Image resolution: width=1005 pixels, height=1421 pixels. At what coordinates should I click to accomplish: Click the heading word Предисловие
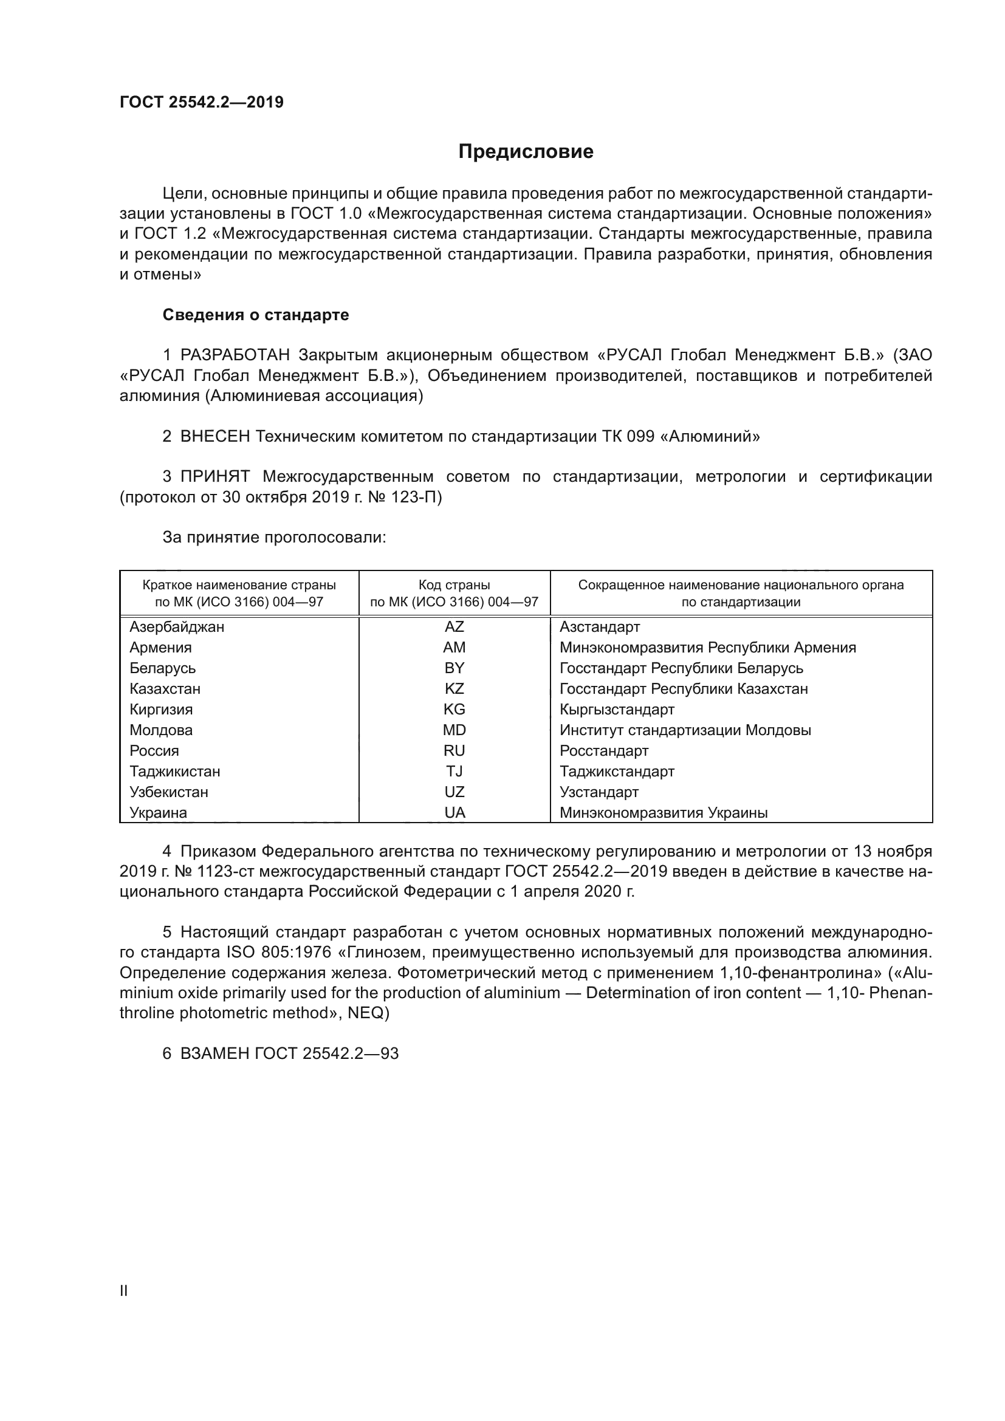click(x=526, y=152)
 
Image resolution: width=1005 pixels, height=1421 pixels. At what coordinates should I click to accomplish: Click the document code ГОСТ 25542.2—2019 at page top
click(x=201, y=102)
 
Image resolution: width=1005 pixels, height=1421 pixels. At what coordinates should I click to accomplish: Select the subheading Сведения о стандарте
click(x=256, y=315)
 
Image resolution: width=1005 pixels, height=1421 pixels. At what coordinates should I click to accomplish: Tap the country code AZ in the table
click(x=454, y=627)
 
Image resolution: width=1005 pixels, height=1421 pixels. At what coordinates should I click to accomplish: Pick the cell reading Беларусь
click(x=162, y=668)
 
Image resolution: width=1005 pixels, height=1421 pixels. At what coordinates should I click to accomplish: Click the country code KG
click(x=454, y=709)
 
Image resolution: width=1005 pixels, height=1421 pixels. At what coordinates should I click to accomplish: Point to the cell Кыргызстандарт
click(x=616, y=709)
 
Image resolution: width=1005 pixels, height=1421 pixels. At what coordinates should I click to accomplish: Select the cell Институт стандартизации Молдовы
click(x=685, y=730)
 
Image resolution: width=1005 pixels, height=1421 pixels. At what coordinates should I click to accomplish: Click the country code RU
click(x=454, y=751)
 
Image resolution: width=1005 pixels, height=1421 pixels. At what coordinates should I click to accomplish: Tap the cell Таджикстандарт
click(x=616, y=772)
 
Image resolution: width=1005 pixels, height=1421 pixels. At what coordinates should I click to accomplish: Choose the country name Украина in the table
click(x=158, y=813)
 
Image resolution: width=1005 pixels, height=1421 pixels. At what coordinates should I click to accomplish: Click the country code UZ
click(x=454, y=792)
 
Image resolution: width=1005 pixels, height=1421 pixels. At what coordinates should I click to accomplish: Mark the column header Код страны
click(x=454, y=585)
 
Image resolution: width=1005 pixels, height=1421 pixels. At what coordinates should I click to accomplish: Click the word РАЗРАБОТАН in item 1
click(x=235, y=355)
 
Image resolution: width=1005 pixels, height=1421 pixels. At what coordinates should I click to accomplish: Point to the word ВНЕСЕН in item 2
click(x=214, y=437)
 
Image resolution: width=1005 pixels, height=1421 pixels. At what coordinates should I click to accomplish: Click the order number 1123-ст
click(x=225, y=871)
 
